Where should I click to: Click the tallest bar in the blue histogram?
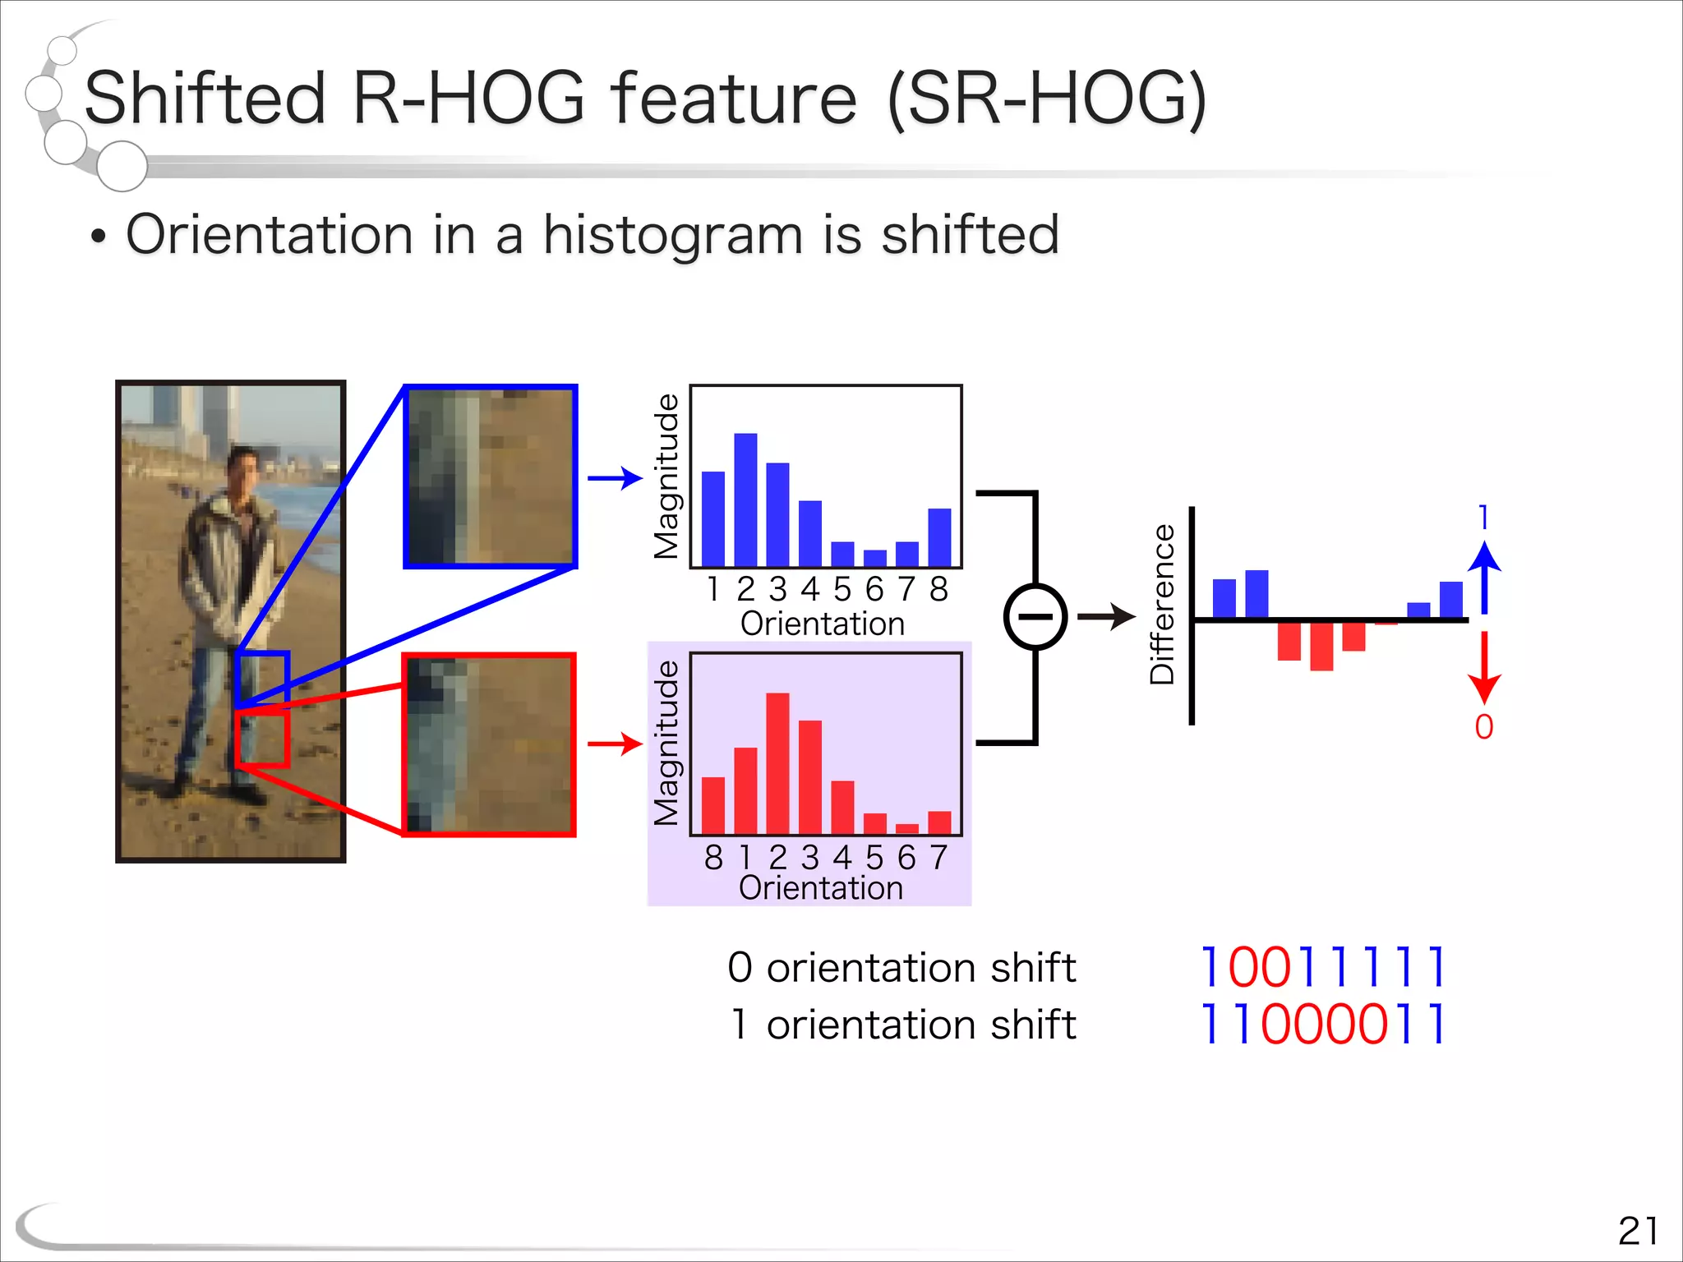[745, 500]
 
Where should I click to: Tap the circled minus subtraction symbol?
[1035, 617]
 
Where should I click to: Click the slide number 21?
[1637, 1231]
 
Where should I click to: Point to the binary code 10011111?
[1323, 967]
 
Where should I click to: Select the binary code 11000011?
[1323, 1025]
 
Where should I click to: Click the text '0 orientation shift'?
[901, 967]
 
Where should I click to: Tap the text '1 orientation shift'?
[903, 1025]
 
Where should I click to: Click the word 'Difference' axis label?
[1162, 604]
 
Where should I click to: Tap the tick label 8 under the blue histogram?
[939, 589]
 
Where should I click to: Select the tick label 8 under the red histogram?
[713, 858]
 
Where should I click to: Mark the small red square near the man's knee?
[261, 739]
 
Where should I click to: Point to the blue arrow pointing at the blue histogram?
[614, 477]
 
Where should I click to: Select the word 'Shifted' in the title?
[205, 99]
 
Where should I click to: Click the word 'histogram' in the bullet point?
[672, 235]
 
